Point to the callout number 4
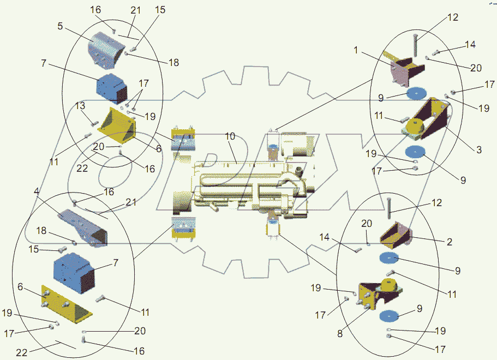pos(36,191)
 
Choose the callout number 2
pos(449,242)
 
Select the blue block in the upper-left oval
pos(111,87)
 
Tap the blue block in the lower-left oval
pos(74,271)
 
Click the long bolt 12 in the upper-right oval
pos(415,44)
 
